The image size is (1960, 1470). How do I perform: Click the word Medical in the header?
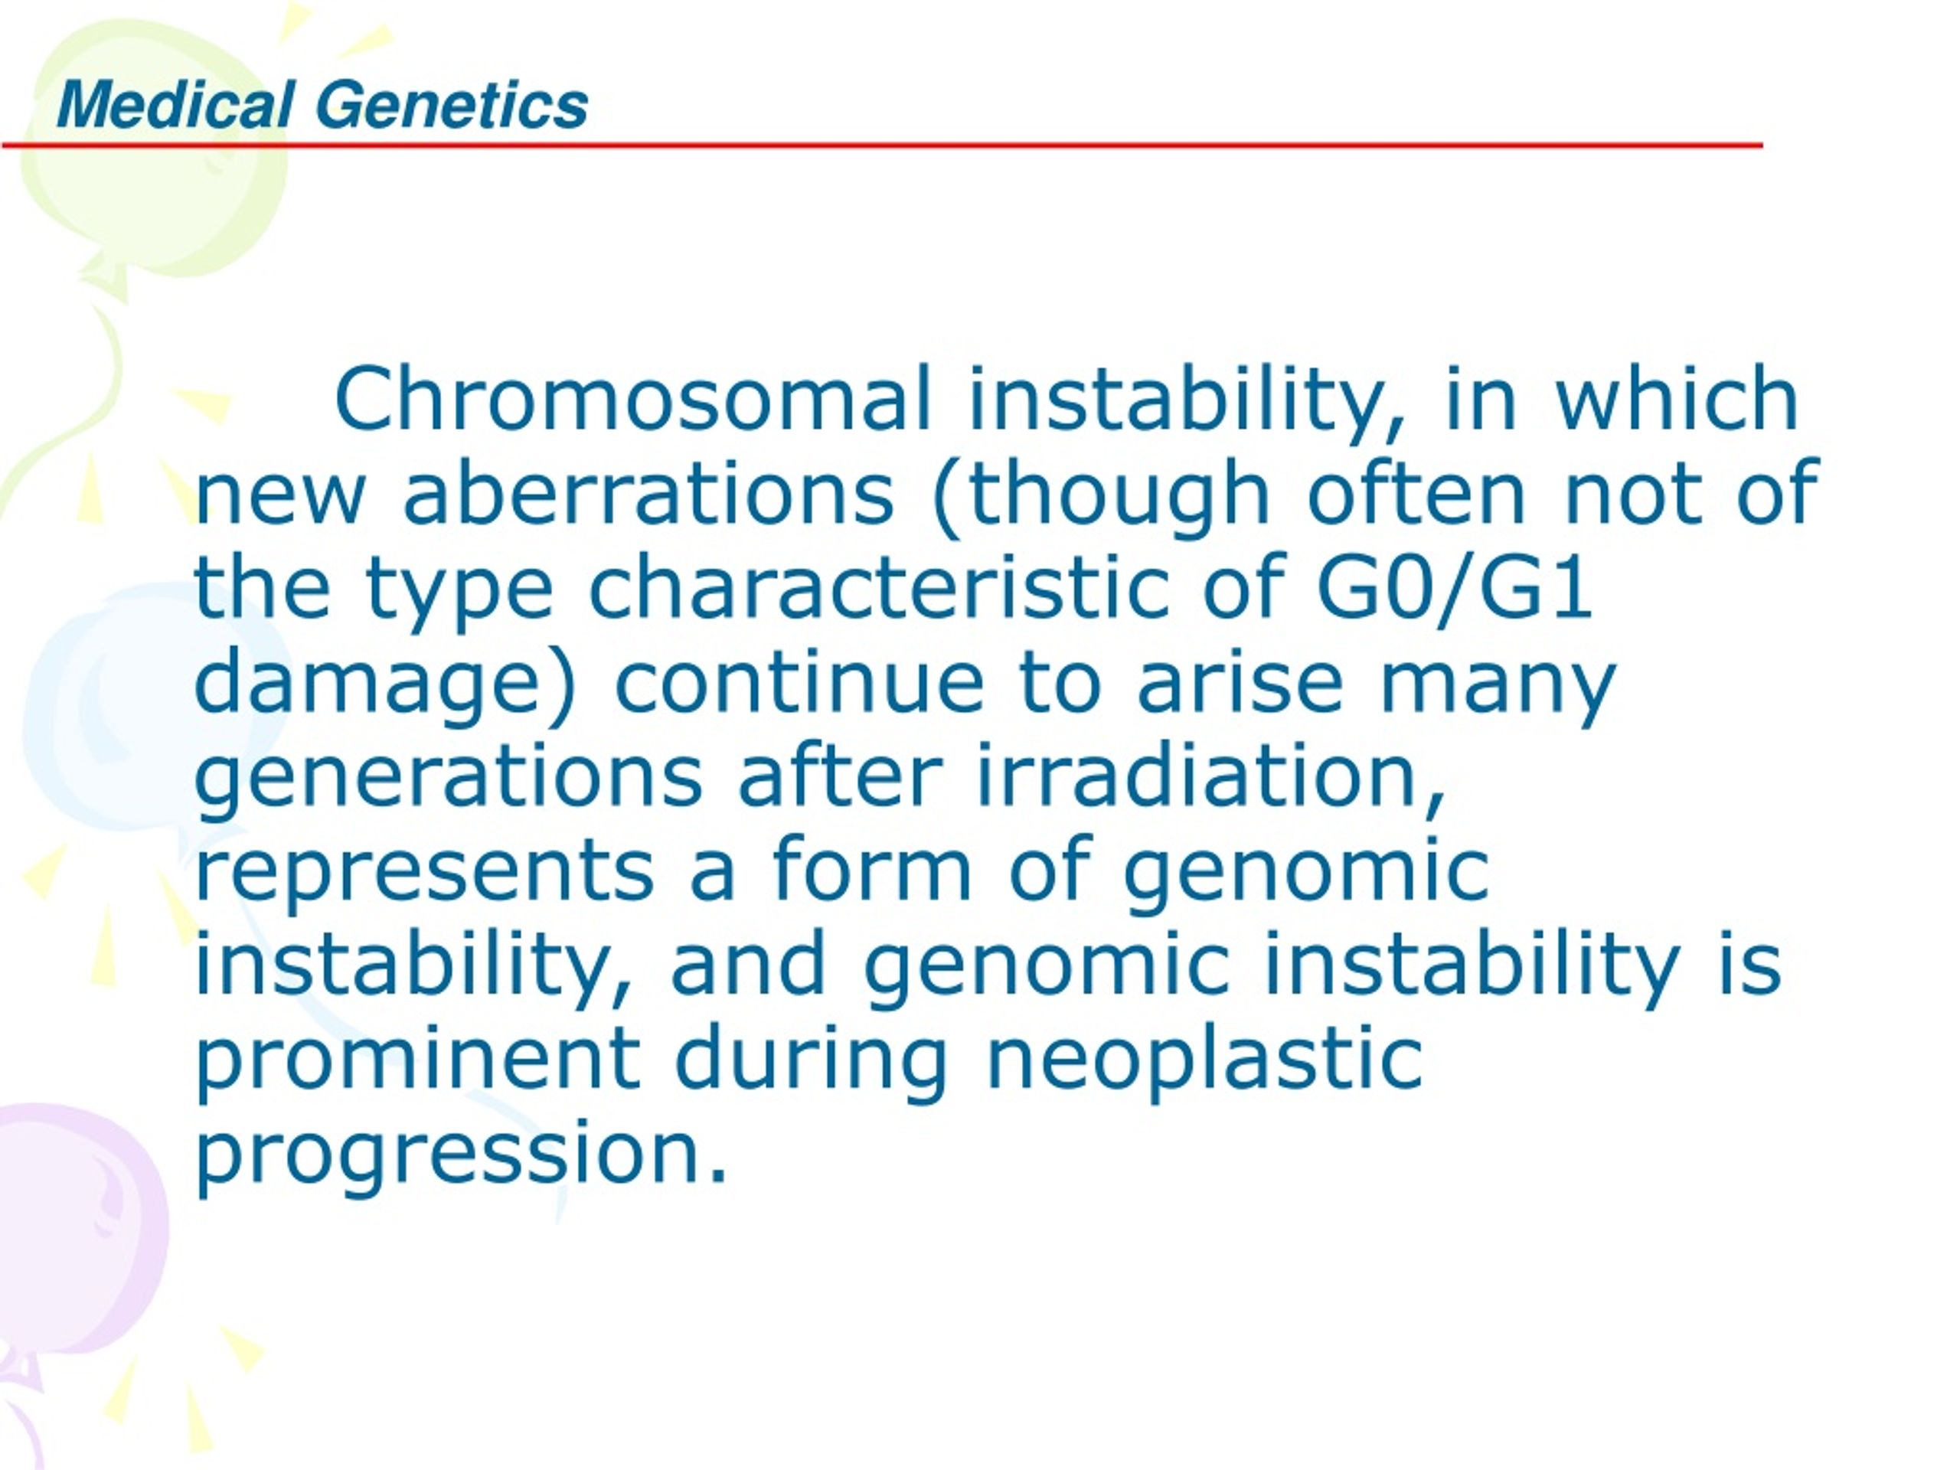(x=175, y=105)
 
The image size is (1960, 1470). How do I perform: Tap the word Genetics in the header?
(x=452, y=105)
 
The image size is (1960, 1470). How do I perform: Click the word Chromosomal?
(x=633, y=399)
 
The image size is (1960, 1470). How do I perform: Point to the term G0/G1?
(x=1454, y=586)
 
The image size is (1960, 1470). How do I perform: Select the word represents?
(x=424, y=874)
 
